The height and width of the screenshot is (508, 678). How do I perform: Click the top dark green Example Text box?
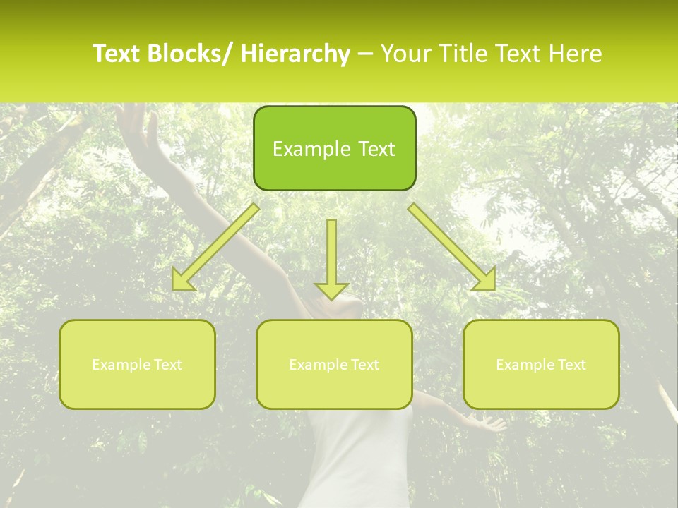point(334,148)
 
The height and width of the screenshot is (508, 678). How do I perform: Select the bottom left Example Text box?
point(137,364)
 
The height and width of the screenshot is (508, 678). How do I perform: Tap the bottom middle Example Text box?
point(334,364)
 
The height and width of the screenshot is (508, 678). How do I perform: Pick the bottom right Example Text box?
point(541,364)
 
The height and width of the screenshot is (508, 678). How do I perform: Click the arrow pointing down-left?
point(215,247)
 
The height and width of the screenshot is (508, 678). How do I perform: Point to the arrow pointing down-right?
point(452,247)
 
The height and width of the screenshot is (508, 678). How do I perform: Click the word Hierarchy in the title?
point(295,54)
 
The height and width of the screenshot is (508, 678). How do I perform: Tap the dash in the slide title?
point(365,54)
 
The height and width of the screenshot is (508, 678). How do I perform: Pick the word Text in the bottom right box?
point(571,364)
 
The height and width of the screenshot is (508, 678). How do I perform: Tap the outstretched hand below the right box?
point(487,423)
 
